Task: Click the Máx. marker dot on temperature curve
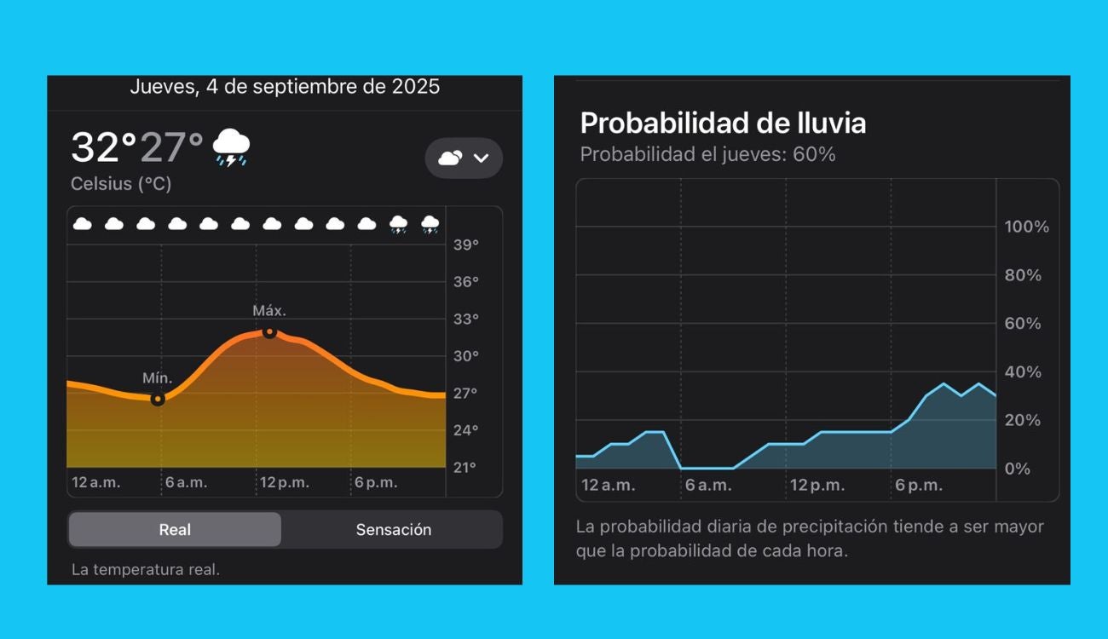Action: click(269, 331)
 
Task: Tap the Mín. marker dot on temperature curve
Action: click(158, 399)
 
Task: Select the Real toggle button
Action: click(175, 529)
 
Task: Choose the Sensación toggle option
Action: click(393, 529)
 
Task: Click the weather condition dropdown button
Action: click(464, 158)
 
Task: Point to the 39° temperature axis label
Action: click(465, 245)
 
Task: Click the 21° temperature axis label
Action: click(465, 467)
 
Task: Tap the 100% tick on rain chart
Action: click(1026, 227)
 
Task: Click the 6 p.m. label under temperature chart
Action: click(376, 482)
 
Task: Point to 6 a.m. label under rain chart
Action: click(708, 486)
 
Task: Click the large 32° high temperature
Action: click(103, 147)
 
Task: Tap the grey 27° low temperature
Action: click(171, 147)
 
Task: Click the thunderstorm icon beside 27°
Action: click(230, 147)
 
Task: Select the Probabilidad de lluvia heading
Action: click(723, 123)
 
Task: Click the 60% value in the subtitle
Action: click(817, 154)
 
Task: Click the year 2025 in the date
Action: click(416, 86)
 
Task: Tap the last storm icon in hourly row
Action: click(430, 225)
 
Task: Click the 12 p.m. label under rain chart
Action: click(817, 486)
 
